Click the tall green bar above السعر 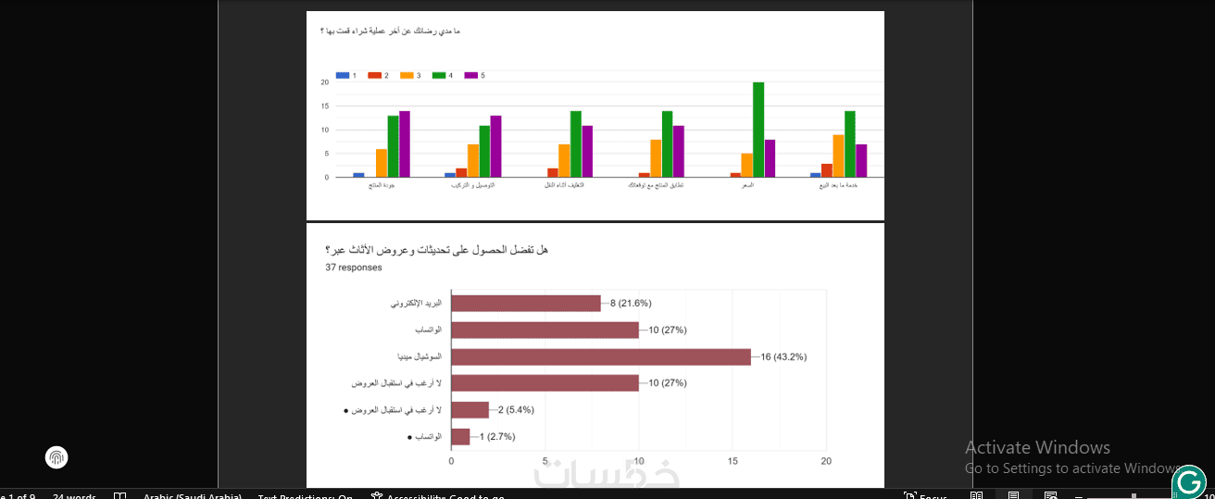[x=758, y=130]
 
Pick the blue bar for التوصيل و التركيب [x=450, y=174]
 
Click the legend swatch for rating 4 [x=439, y=75]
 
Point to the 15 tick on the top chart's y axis [x=325, y=106]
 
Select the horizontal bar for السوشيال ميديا [x=600, y=356]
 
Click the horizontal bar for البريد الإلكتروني [x=525, y=303]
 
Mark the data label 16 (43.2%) [x=783, y=357]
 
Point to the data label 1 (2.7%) [x=496, y=437]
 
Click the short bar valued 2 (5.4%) [x=470, y=410]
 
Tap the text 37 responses [x=354, y=268]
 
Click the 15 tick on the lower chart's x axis [x=733, y=461]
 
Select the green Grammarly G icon [x=1189, y=481]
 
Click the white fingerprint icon [x=56, y=457]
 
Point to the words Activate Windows [x=1037, y=448]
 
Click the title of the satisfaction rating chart [x=390, y=31]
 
